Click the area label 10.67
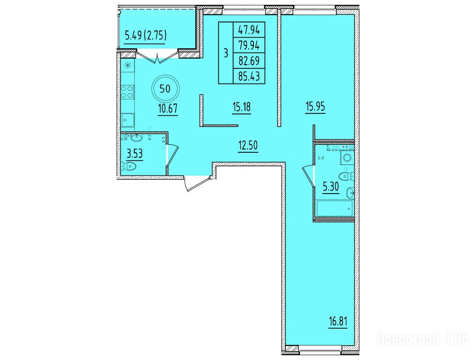168,108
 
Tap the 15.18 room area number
242,107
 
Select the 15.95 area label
315,107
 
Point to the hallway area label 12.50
248,145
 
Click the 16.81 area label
338,322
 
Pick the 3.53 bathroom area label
134,154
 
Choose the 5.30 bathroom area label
331,186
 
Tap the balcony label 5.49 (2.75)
145,36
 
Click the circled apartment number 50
165,89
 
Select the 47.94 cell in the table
249,30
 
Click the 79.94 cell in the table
249,45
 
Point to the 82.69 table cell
249,61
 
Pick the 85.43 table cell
249,76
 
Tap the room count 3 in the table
225,53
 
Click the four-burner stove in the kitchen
127,92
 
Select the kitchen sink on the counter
128,120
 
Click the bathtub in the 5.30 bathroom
334,209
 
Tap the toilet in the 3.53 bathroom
128,166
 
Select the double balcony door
157,57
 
